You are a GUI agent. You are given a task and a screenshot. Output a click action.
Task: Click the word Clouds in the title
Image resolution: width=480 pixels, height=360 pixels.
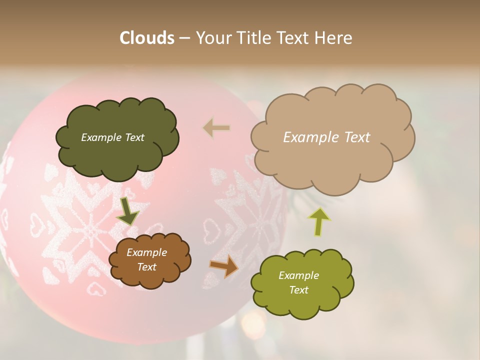coord(147,38)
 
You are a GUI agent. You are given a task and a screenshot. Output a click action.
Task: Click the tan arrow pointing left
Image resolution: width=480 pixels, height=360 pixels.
coord(216,128)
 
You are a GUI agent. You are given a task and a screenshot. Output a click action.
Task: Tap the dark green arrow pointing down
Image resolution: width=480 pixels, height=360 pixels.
coord(127,211)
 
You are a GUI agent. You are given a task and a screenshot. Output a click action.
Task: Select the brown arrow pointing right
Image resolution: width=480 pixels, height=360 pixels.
coord(224,266)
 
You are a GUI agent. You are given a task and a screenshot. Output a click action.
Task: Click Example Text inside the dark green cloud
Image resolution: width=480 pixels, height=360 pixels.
coord(112,137)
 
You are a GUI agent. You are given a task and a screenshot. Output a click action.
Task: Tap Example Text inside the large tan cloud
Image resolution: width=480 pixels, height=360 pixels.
coord(326,137)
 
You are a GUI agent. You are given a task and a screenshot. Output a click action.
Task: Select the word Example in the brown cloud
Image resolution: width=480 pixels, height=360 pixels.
coord(146,252)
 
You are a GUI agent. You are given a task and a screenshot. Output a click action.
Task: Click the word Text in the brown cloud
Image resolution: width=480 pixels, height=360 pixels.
coord(146,267)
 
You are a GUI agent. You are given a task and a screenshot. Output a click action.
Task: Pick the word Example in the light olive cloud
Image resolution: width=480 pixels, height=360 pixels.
coord(298,275)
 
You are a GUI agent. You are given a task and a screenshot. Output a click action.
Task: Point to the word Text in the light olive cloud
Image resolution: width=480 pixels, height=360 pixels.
coord(298,290)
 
